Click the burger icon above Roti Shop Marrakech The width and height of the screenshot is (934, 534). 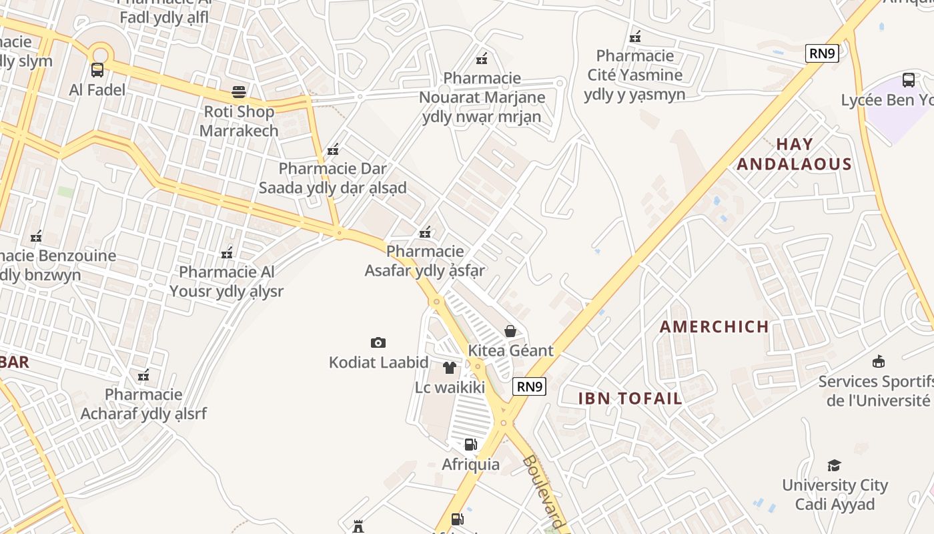[239, 91]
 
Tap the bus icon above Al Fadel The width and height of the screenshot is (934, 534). [97, 69]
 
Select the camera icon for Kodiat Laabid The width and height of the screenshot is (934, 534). [378, 342]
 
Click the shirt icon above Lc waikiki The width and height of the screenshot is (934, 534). [449, 368]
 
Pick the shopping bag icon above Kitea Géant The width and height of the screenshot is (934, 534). [510, 331]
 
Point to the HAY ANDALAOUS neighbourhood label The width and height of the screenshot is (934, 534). [795, 154]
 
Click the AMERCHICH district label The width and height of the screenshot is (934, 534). [715, 326]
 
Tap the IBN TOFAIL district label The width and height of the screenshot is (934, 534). [630, 398]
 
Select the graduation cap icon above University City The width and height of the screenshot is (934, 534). [834, 465]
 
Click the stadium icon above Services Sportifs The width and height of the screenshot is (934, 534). [879, 362]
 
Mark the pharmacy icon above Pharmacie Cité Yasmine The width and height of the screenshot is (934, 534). [635, 36]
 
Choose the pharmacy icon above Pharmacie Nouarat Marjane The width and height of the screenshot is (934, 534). [482, 59]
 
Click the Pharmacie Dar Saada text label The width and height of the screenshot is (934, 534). [332, 178]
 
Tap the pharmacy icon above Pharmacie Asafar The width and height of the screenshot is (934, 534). [425, 232]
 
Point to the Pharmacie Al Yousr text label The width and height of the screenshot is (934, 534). [226, 282]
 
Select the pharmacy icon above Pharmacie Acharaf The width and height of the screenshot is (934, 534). [143, 375]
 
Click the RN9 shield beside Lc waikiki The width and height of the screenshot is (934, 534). [530, 386]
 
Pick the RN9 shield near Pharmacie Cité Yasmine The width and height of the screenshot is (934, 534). [822, 53]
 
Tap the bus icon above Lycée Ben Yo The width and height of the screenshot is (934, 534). [909, 80]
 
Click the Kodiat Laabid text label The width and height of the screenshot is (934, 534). [378, 362]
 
